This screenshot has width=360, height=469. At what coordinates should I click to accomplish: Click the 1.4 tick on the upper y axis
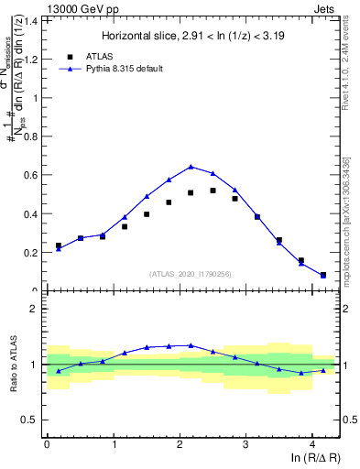34,19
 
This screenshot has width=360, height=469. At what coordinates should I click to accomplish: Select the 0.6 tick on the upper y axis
34,175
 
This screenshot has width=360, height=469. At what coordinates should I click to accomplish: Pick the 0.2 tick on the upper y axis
34,253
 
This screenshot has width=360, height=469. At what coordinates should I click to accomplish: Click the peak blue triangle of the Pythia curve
191,167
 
